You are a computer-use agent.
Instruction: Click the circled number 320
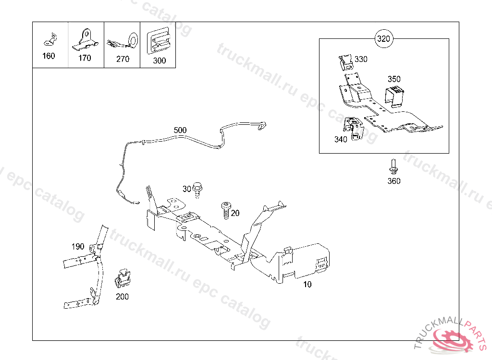[383, 39]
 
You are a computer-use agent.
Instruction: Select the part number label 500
[180, 130]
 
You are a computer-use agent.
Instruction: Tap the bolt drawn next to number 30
[197, 189]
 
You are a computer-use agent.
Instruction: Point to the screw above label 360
[393, 167]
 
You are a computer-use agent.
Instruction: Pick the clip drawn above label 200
[123, 279]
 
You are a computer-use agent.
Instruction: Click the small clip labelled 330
[345, 62]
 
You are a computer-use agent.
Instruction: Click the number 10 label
[307, 284]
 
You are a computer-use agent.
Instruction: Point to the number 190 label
[78, 247]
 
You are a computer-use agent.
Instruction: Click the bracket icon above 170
[86, 39]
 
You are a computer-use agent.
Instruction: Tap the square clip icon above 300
[159, 40]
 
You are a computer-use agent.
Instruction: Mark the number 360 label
[394, 181]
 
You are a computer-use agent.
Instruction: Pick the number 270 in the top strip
[123, 59]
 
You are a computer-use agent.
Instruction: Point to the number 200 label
[123, 297]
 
